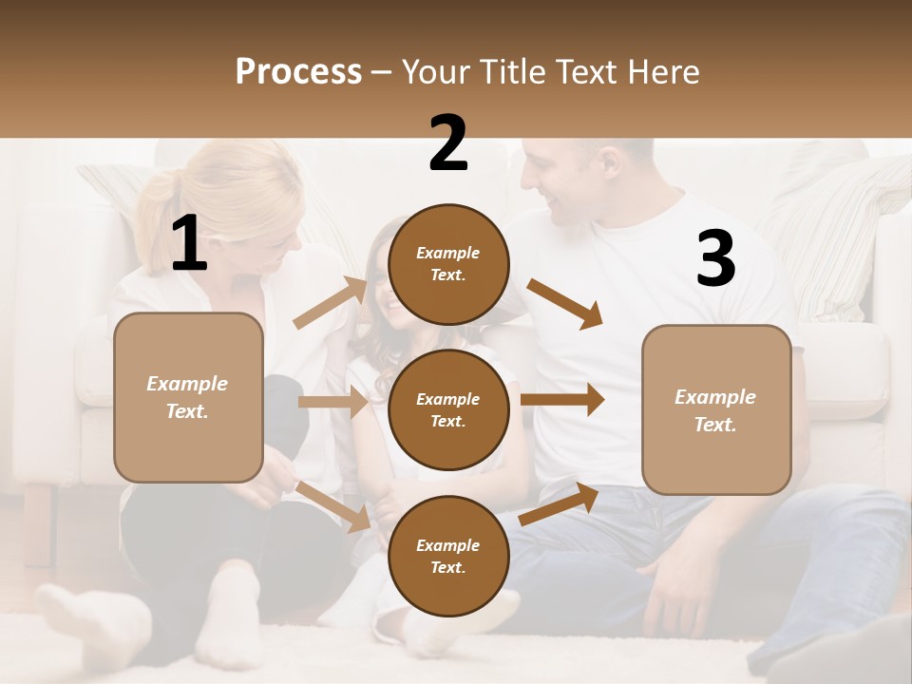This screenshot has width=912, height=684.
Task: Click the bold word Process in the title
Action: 298,72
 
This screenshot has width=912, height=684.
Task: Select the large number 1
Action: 189,244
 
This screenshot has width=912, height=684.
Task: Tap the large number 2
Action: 448,144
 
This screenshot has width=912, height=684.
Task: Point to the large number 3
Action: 715,260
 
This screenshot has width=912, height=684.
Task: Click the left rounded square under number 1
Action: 188,397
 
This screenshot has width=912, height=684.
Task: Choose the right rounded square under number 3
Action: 716,409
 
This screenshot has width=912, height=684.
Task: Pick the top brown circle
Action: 448,264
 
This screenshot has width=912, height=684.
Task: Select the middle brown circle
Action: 448,409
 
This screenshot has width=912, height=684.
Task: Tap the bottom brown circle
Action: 448,556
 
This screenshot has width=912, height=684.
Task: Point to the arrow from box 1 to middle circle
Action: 332,402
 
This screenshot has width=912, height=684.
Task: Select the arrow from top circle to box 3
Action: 564,304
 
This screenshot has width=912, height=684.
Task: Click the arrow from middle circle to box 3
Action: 562,399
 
